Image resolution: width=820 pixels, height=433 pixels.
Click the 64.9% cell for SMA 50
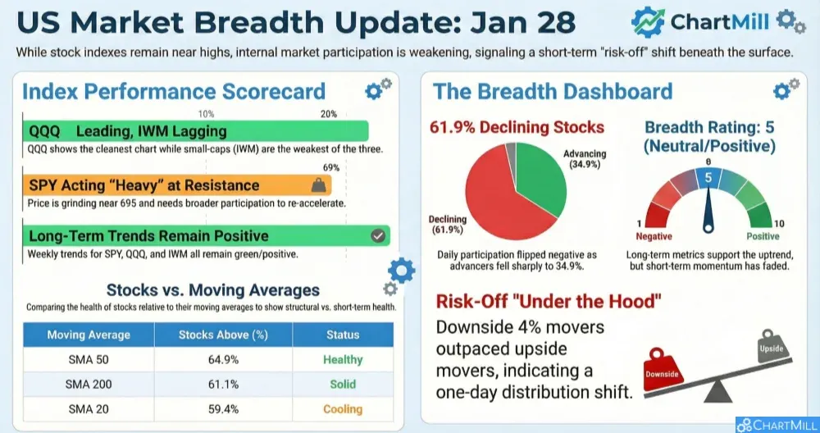pos(223,360)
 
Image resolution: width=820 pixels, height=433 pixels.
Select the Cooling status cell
pos(343,409)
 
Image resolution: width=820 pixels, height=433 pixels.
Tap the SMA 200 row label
pos(89,385)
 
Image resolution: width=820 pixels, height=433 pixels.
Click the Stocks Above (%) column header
pos(223,335)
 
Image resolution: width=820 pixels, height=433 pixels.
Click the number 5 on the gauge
pos(708,178)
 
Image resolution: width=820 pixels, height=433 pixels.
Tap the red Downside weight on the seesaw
pos(663,370)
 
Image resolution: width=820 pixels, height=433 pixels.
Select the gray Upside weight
pos(772,346)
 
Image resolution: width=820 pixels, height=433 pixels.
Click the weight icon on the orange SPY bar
pos(318,185)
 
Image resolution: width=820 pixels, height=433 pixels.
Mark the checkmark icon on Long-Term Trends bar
pos(378,236)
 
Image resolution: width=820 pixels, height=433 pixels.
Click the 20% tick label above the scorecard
pos(329,114)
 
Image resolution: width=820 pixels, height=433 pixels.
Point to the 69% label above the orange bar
pos(331,168)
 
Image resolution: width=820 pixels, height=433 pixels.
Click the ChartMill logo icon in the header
pos(648,22)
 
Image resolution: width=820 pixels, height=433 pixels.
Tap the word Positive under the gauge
pos(763,236)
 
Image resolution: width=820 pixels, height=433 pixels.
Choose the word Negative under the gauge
pos(654,236)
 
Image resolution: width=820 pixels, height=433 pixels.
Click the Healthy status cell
pos(343,360)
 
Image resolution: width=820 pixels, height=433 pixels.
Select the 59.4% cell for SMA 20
pos(223,409)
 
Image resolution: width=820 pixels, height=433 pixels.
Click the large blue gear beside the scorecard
pos(402,271)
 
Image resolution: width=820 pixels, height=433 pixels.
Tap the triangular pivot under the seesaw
pos(718,391)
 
